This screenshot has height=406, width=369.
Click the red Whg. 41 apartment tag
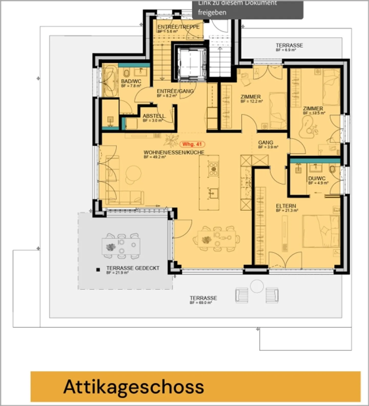[192, 144]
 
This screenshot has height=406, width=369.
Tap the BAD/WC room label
[131, 81]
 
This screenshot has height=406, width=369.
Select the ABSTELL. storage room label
[154, 116]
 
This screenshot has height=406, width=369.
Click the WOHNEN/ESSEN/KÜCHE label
[174, 152]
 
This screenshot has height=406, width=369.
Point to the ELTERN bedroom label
[286, 206]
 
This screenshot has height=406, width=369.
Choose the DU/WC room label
[317, 178]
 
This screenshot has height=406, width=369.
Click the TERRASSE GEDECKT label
[133, 268]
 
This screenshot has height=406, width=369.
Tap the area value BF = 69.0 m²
[201, 303]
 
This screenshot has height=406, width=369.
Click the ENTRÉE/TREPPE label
[178, 27]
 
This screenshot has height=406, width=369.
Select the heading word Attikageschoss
[134, 387]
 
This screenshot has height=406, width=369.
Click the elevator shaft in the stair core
[192, 63]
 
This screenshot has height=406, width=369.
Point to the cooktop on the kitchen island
[213, 169]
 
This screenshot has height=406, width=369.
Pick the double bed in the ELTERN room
[321, 231]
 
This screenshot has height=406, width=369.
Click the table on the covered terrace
[121, 246]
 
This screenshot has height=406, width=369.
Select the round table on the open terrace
[257, 286]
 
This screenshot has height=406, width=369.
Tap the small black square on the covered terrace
[98, 270]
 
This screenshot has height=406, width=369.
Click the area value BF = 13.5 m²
[314, 113]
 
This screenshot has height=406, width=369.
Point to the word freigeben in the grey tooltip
[212, 12]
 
